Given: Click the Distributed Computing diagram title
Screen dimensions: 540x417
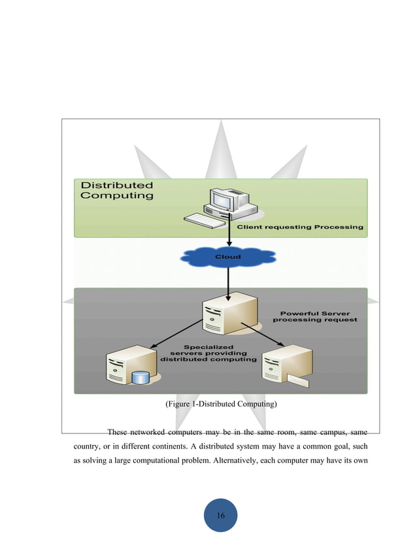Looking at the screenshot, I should click(x=117, y=190).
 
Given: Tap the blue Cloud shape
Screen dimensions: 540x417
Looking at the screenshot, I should click(x=228, y=257).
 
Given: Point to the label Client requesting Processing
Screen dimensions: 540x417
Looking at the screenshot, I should click(x=299, y=228).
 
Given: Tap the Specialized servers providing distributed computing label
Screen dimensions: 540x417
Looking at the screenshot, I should click(x=208, y=353).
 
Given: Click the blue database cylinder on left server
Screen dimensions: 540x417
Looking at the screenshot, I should click(x=139, y=379).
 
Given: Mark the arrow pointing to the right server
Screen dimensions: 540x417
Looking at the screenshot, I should click(x=261, y=334).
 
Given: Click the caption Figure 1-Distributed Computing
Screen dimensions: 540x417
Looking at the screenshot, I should click(x=222, y=405).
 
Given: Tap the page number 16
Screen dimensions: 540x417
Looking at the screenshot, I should click(x=221, y=516).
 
